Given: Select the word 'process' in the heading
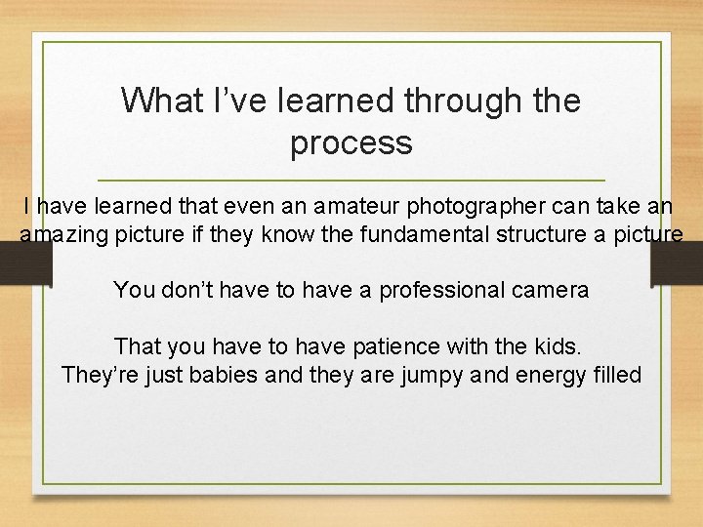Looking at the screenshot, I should click(351, 143).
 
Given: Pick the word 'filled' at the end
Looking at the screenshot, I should click(617, 374).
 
